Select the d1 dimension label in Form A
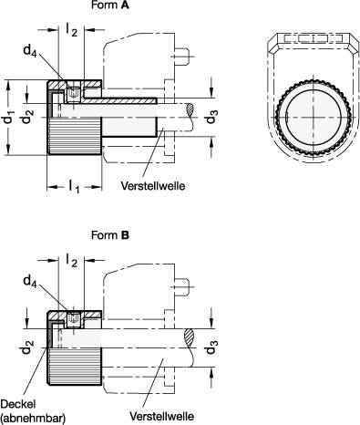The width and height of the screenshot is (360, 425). point(8,117)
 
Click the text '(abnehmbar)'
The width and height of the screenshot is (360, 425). point(31,418)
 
